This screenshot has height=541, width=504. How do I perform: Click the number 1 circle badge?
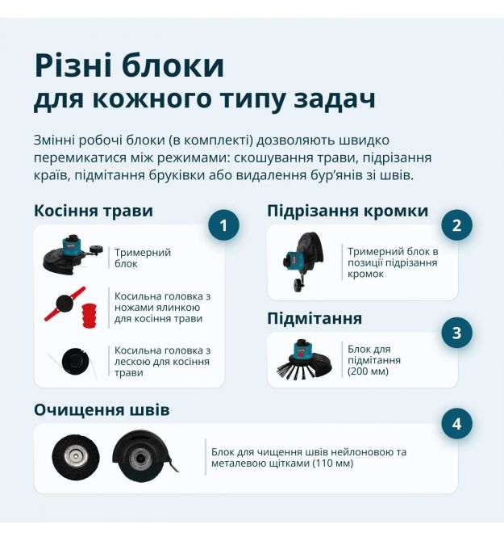click(x=223, y=225)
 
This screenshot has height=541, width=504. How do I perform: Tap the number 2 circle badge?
click(x=456, y=225)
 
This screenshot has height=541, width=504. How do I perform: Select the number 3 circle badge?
click(x=456, y=333)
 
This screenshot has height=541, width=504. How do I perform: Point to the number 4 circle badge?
click(x=456, y=424)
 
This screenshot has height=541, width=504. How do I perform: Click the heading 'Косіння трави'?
click(x=94, y=211)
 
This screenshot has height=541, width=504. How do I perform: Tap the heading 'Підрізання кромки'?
click(x=348, y=212)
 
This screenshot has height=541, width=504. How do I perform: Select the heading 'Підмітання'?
click(x=314, y=319)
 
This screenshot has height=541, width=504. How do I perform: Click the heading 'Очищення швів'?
click(x=102, y=410)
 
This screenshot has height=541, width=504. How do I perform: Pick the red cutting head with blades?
click(x=65, y=304)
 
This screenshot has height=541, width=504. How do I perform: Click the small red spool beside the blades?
click(x=90, y=316)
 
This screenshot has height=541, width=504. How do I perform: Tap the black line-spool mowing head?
click(x=75, y=361)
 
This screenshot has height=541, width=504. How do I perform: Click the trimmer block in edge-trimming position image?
click(x=303, y=262)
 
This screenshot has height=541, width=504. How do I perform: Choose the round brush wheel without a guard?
click(x=76, y=458)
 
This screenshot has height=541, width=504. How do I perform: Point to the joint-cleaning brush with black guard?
click(x=144, y=456)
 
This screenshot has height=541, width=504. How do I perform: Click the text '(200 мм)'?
click(x=368, y=371)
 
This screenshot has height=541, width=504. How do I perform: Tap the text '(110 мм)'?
click(x=333, y=463)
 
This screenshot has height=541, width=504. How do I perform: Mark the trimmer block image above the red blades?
click(x=73, y=254)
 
